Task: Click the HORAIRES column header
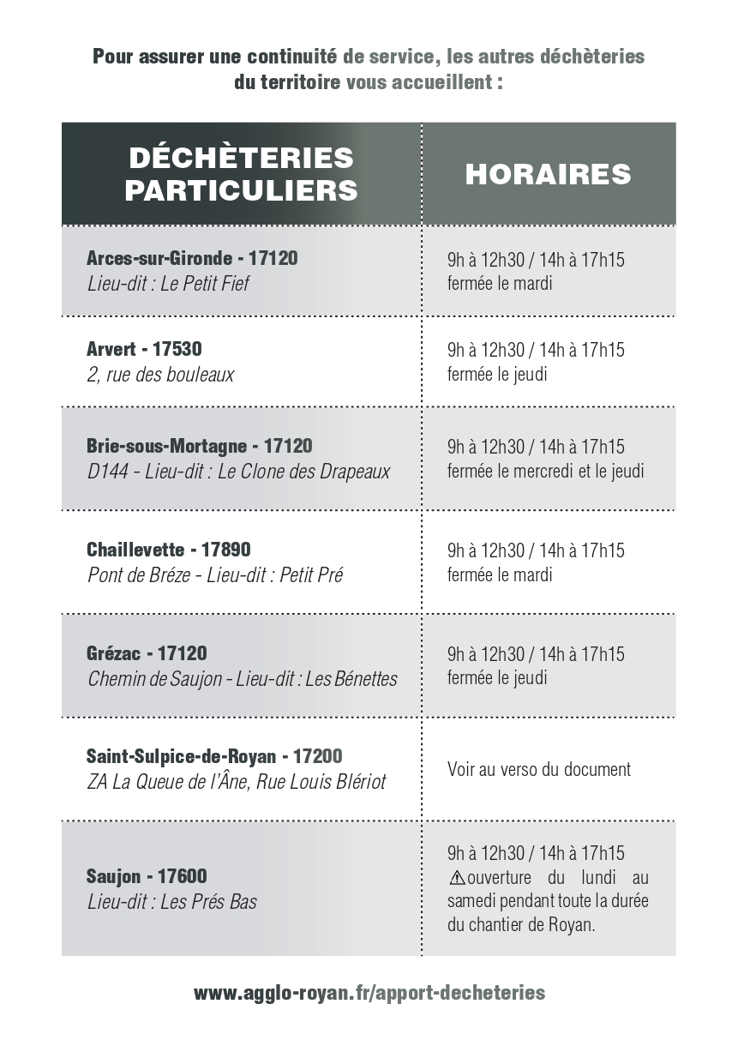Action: click(548, 174)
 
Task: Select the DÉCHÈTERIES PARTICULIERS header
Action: click(241, 174)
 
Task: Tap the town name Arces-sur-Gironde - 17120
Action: click(192, 258)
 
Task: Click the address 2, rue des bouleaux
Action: click(160, 375)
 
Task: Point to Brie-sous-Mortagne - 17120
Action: click(199, 446)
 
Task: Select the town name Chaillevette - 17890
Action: click(169, 550)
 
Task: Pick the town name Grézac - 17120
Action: click(147, 653)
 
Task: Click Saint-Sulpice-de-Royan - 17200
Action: click(214, 756)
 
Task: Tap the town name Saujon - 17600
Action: click(147, 876)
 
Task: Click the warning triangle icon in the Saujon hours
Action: click(457, 878)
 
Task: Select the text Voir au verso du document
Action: click(538, 769)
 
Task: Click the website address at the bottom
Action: click(369, 993)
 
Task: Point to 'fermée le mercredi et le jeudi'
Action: click(545, 471)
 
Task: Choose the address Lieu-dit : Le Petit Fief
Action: click(168, 283)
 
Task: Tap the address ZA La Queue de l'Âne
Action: click(236, 782)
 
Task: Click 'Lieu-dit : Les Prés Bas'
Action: click(171, 902)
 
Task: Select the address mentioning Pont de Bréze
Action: click(214, 575)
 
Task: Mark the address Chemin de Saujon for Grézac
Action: click(242, 679)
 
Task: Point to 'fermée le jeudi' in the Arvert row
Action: click(497, 374)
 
